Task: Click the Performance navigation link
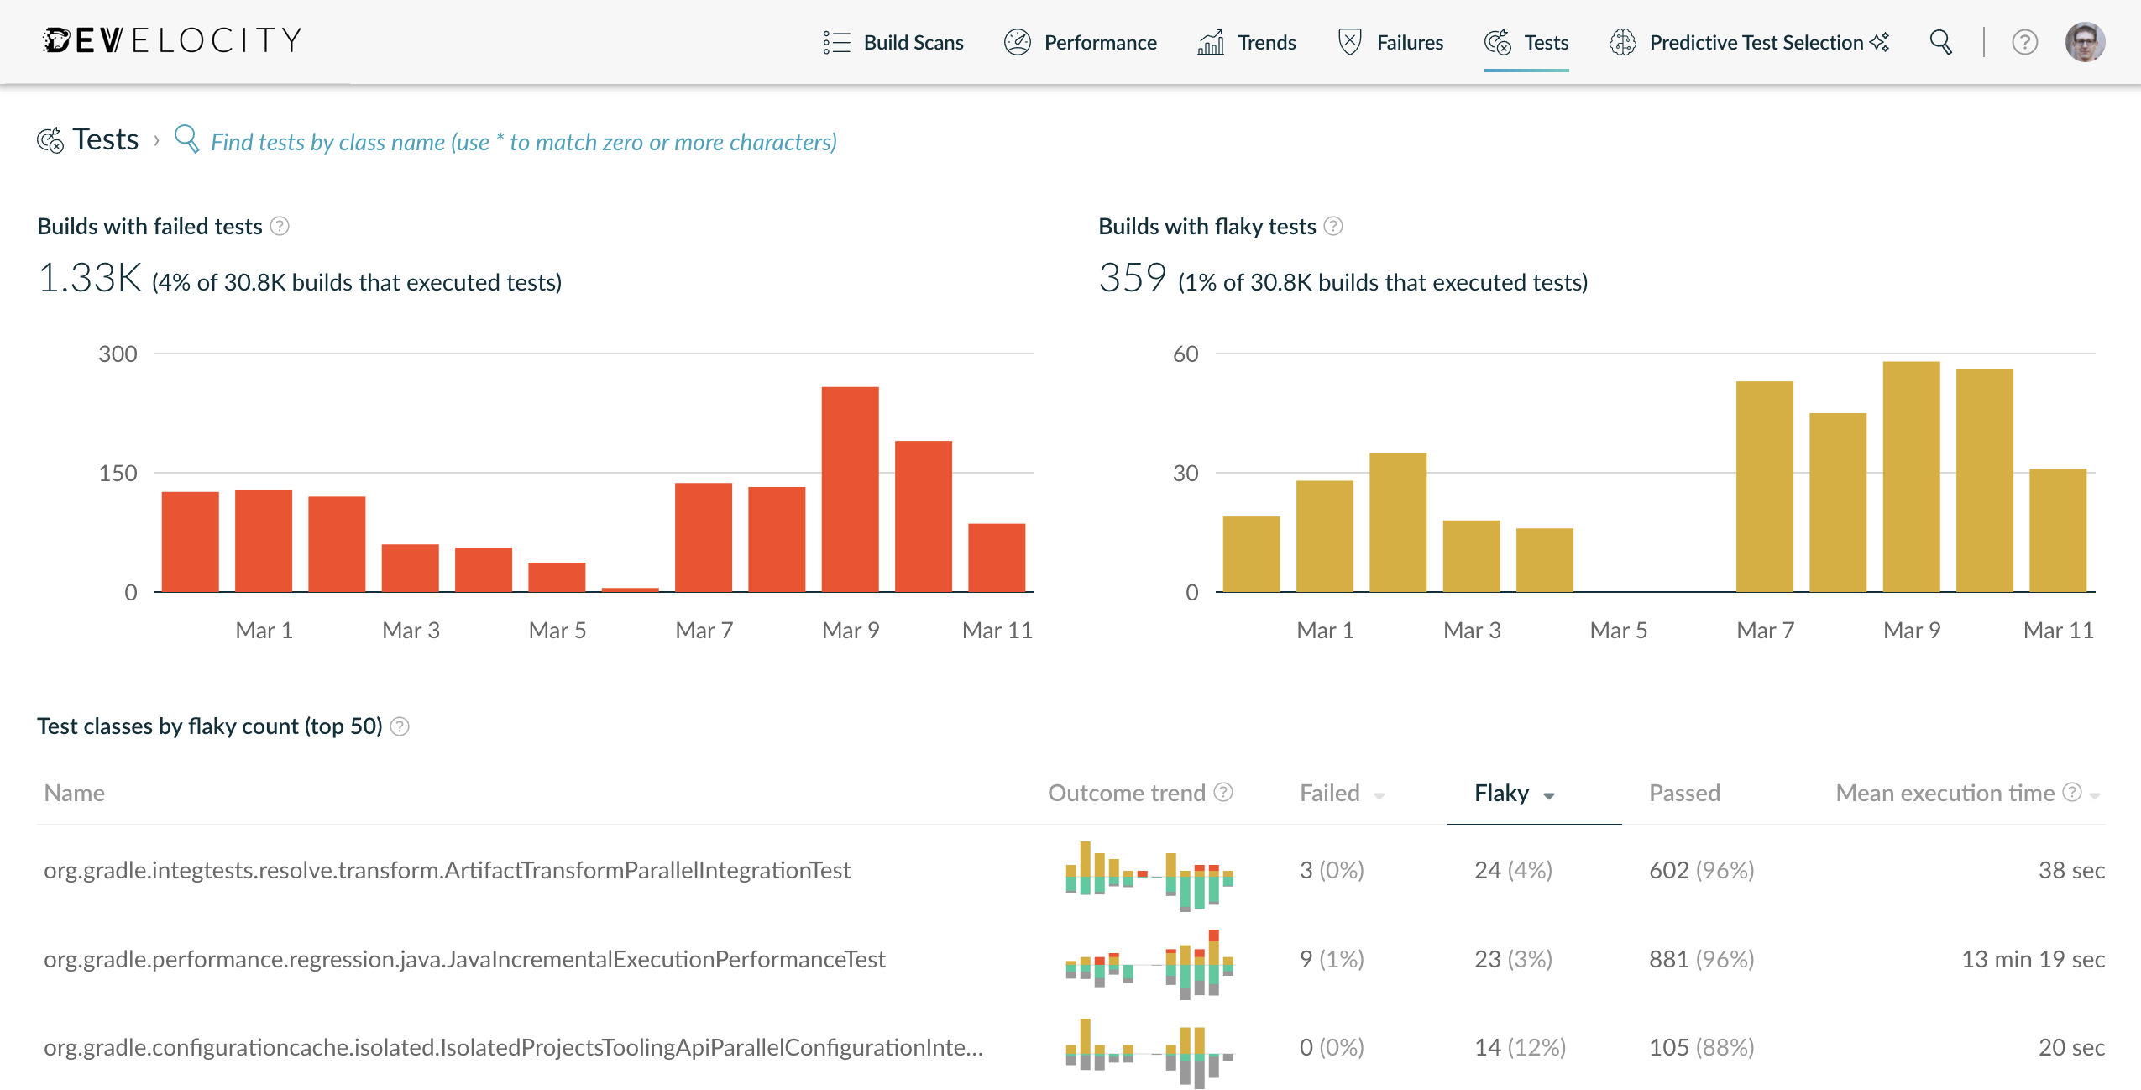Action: click(1081, 42)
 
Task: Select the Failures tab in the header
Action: click(1390, 42)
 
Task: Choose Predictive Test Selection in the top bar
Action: click(1749, 42)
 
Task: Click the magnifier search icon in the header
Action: click(1940, 42)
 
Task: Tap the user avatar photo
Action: click(2085, 42)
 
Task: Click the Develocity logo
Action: click(172, 40)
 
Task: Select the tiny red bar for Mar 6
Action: click(630, 590)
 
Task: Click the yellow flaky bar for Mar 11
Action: click(2057, 530)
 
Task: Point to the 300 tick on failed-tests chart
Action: click(118, 354)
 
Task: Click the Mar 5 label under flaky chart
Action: click(1618, 630)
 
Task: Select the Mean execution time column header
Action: click(1945, 794)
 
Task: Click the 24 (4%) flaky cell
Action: click(1513, 870)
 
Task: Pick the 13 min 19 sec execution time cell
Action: click(2032, 959)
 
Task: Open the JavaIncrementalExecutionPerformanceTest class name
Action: click(464, 959)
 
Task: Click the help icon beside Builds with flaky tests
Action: click(1333, 226)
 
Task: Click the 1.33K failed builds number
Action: click(91, 278)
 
